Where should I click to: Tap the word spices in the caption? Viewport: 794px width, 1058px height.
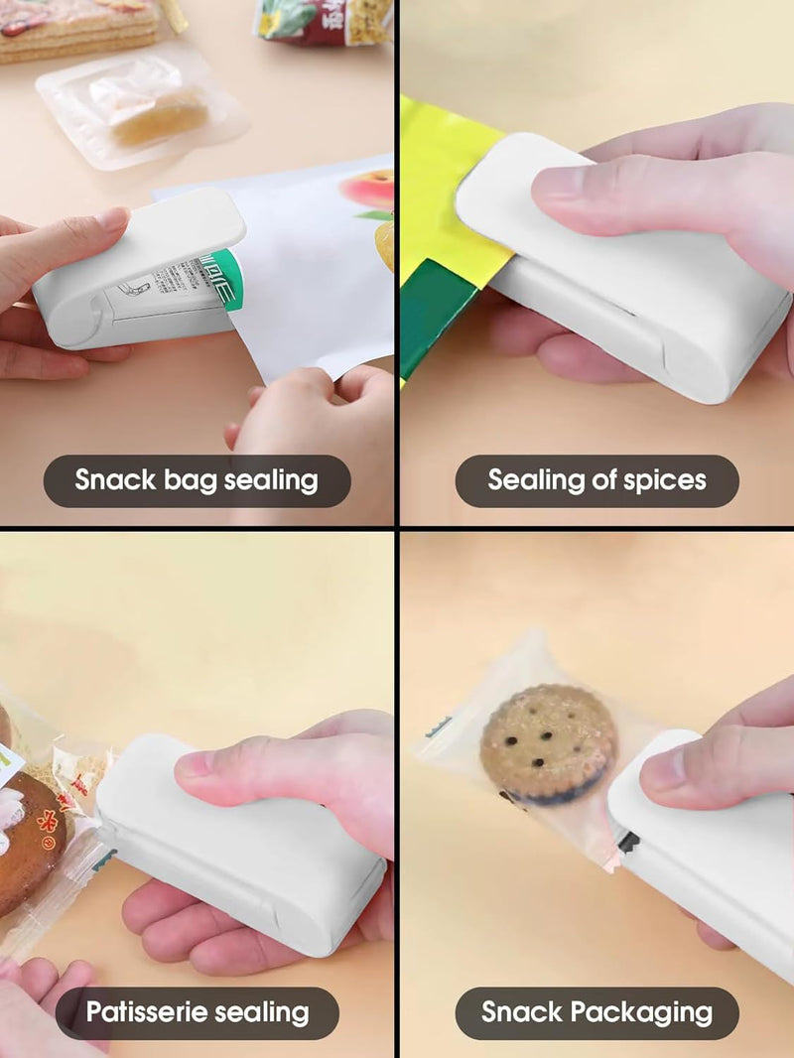(665, 480)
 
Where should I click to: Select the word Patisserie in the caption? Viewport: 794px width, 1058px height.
(149, 1012)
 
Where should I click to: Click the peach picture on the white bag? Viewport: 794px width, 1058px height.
(369, 189)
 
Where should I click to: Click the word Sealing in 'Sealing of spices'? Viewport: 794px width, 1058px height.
(536, 480)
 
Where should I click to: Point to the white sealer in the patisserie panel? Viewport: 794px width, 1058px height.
(238, 844)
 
